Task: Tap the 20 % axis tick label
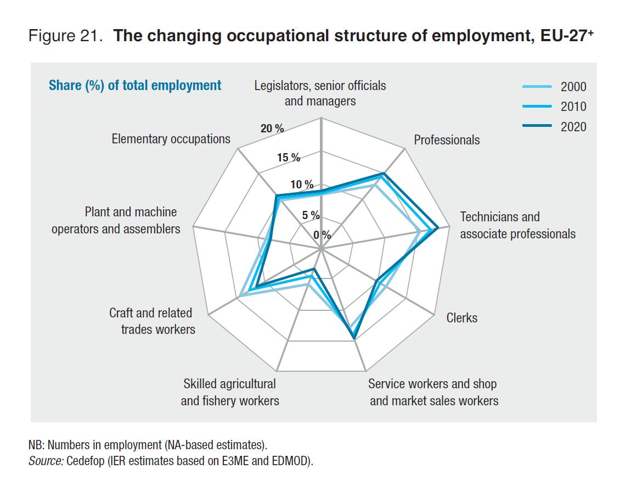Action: point(273,129)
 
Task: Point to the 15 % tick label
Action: point(289,158)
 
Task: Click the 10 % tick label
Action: point(302,185)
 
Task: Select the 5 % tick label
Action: point(311,215)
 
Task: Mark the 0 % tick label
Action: point(322,235)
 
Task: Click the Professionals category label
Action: point(447,140)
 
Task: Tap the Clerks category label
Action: point(461,317)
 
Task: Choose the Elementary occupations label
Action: point(171,139)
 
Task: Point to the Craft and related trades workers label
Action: point(151,321)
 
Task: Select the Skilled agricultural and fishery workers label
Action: point(230,392)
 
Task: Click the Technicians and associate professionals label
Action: point(517,225)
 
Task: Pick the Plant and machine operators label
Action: point(116,220)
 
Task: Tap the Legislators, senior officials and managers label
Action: point(320,93)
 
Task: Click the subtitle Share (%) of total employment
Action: point(135,86)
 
